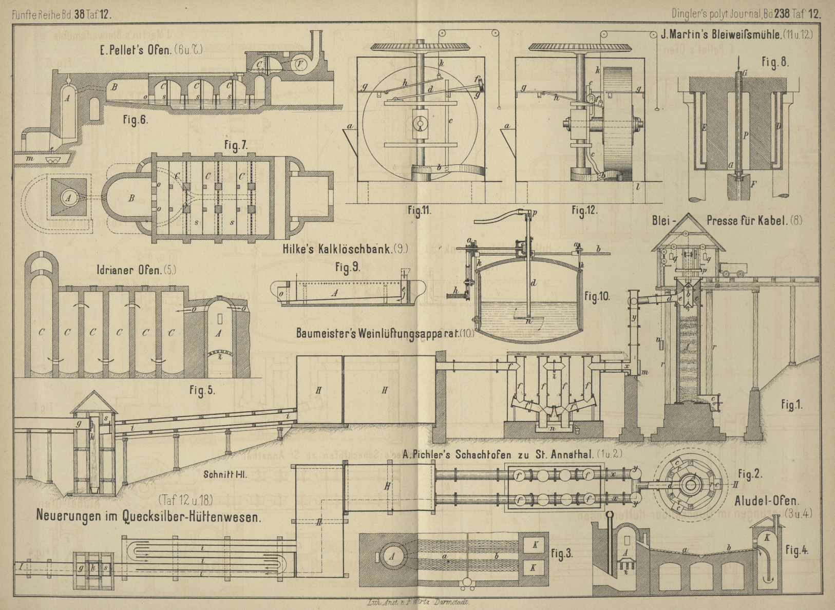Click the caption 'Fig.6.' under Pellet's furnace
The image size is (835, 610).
coord(135,120)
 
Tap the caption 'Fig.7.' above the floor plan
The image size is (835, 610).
coord(236,146)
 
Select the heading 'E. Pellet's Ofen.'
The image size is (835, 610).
coord(151,50)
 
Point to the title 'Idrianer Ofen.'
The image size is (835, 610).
coord(136,270)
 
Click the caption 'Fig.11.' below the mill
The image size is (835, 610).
coord(420,210)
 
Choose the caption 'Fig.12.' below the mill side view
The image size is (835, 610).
coord(584,210)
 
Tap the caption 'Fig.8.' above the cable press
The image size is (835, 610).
coord(774,63)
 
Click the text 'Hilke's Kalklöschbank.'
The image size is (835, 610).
coord(345,249)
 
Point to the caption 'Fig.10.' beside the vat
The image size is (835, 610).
coord(597,296)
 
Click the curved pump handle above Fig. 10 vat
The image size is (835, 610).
coord(496,217)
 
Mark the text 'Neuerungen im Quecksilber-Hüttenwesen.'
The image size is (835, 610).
coord(148,516)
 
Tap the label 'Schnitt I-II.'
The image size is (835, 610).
coord(225,474)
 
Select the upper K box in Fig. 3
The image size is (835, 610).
coord(535,545)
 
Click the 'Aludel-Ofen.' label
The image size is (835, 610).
coord(766,501)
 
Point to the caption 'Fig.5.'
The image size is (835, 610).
coord(202,391)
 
